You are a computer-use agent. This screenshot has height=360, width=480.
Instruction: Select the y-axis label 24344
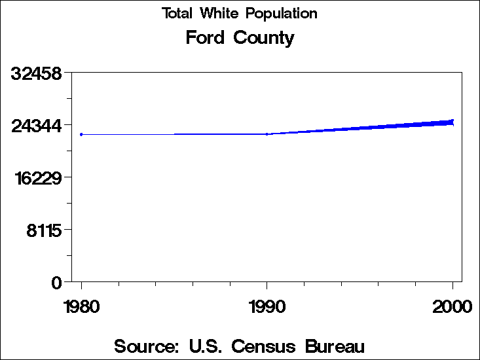coord(37,125)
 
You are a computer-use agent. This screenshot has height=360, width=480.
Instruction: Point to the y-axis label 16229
coord(37,177)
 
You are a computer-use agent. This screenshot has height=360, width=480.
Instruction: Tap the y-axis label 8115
coord(44,230)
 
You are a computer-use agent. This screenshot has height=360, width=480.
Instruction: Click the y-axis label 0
coord(56,282)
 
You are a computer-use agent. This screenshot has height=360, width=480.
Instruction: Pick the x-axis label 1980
coord(81,306)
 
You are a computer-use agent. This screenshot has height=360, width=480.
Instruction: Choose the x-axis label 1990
coord(267,306)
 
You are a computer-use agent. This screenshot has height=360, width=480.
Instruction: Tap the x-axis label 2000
coord(452,306)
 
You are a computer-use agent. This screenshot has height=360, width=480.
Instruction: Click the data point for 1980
coord(81,134)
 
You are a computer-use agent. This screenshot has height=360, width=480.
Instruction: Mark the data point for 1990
coord(267,134)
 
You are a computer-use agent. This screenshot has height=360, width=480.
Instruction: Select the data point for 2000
coord(452,122)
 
